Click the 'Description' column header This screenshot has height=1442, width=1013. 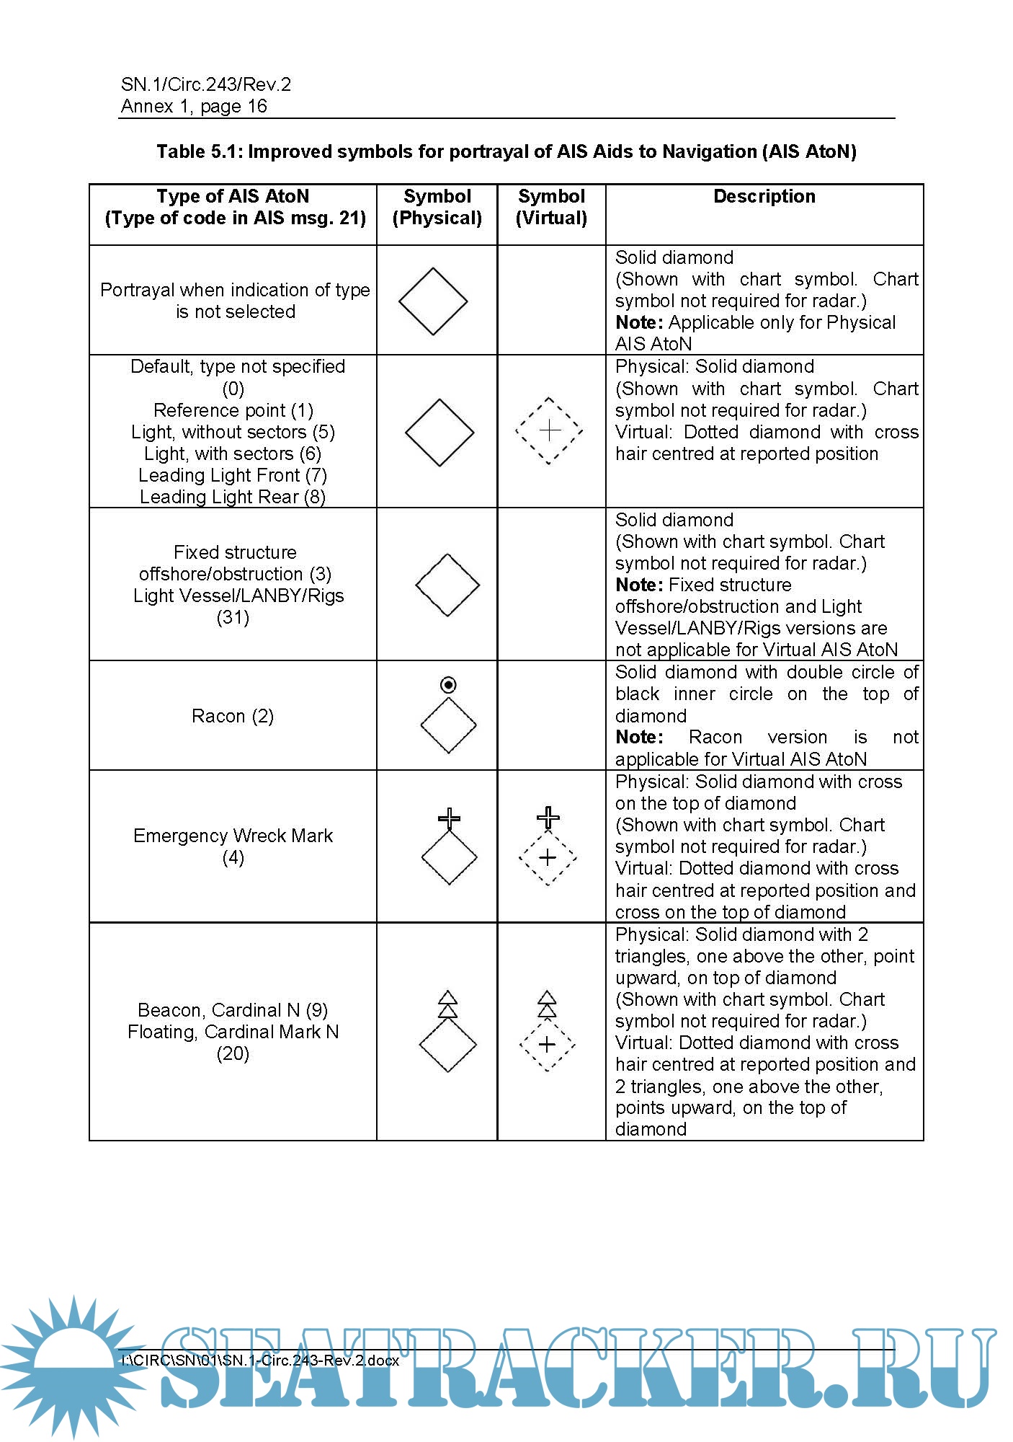(x=764, y=196)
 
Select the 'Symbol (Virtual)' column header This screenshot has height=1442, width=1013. (x=551, y=207)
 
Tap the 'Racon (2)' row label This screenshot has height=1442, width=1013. (x=232, y=716)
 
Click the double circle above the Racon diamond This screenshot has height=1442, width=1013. (x=448, y=684)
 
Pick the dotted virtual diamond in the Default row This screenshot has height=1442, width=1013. (x=549, y=431)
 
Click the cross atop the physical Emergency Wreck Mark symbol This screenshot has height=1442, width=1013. (x=449, y=818)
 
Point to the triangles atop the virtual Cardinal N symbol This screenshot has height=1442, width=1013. (x=548, y=1004)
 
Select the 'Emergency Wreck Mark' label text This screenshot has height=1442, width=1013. (x=233, y=836)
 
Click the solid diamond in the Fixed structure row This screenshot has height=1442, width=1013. (x=447, y=585)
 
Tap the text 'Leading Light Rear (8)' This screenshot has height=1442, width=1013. (x=232, y=497)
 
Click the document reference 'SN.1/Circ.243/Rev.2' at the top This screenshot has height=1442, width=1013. (x=206, y=84)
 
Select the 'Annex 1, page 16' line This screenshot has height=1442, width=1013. (x=194, y=106)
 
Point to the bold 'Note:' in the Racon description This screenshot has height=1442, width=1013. (x=638, y=737)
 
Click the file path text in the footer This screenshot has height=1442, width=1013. (x=260, y=1361)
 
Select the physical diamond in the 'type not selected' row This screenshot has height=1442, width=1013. (x=433, y=301)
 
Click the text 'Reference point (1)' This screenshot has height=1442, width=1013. (x=233, y=410)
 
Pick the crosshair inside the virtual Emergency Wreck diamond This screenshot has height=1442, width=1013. (x=548, y=857)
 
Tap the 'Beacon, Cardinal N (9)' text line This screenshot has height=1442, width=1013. (x=232, y=1009)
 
